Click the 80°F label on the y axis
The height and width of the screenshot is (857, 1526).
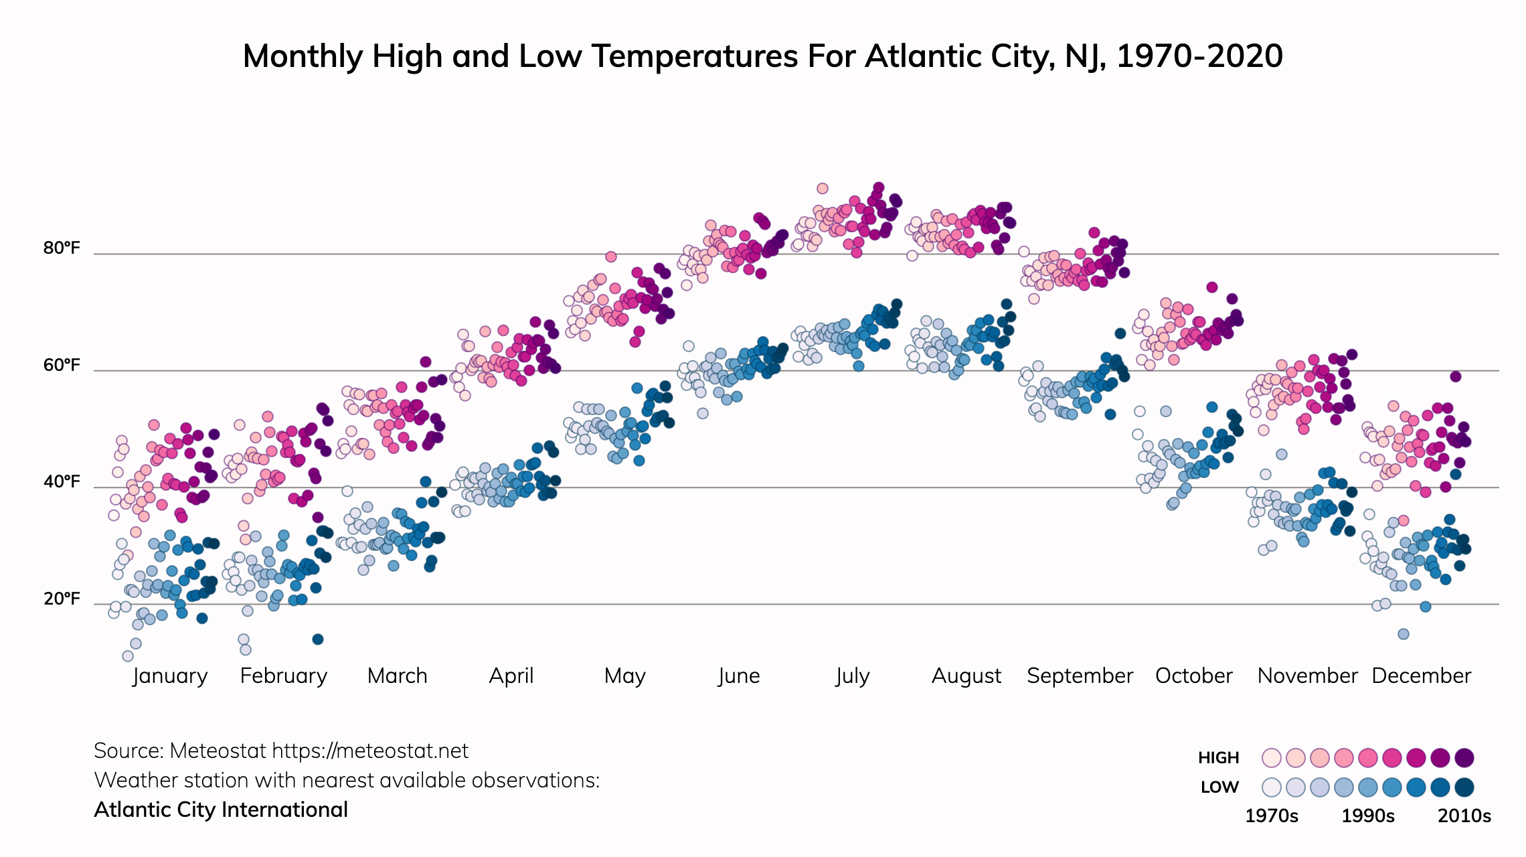coord(62,248)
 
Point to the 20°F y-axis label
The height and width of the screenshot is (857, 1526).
coord(62,599)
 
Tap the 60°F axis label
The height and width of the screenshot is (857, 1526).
coord(62,366)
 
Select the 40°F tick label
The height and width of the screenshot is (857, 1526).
coord(62,482)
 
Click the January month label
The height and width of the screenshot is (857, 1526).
coord(170,676)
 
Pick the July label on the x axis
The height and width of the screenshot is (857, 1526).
coord(852,676)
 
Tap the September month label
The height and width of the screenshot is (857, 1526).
coord(1080,676)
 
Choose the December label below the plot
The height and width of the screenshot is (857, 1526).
coord(1421,676)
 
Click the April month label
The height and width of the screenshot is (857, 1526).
coord(511,676)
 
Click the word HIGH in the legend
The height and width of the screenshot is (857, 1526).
coord(1218,758)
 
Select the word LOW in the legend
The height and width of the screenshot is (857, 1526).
coord(1219,787)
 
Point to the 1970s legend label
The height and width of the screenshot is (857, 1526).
coord(1271,816)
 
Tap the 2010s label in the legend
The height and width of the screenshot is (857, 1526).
coord(1464,816)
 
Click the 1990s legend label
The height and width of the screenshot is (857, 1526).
coord(1368,816)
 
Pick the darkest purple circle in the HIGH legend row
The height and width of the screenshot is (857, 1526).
coord(1464,758)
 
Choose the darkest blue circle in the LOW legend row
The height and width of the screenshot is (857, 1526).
coord(1464,787)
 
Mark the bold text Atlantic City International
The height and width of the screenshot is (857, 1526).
coord(221,810)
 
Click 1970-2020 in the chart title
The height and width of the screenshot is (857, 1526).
coord(1199,56)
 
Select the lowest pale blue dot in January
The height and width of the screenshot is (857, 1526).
coord(128,656)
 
